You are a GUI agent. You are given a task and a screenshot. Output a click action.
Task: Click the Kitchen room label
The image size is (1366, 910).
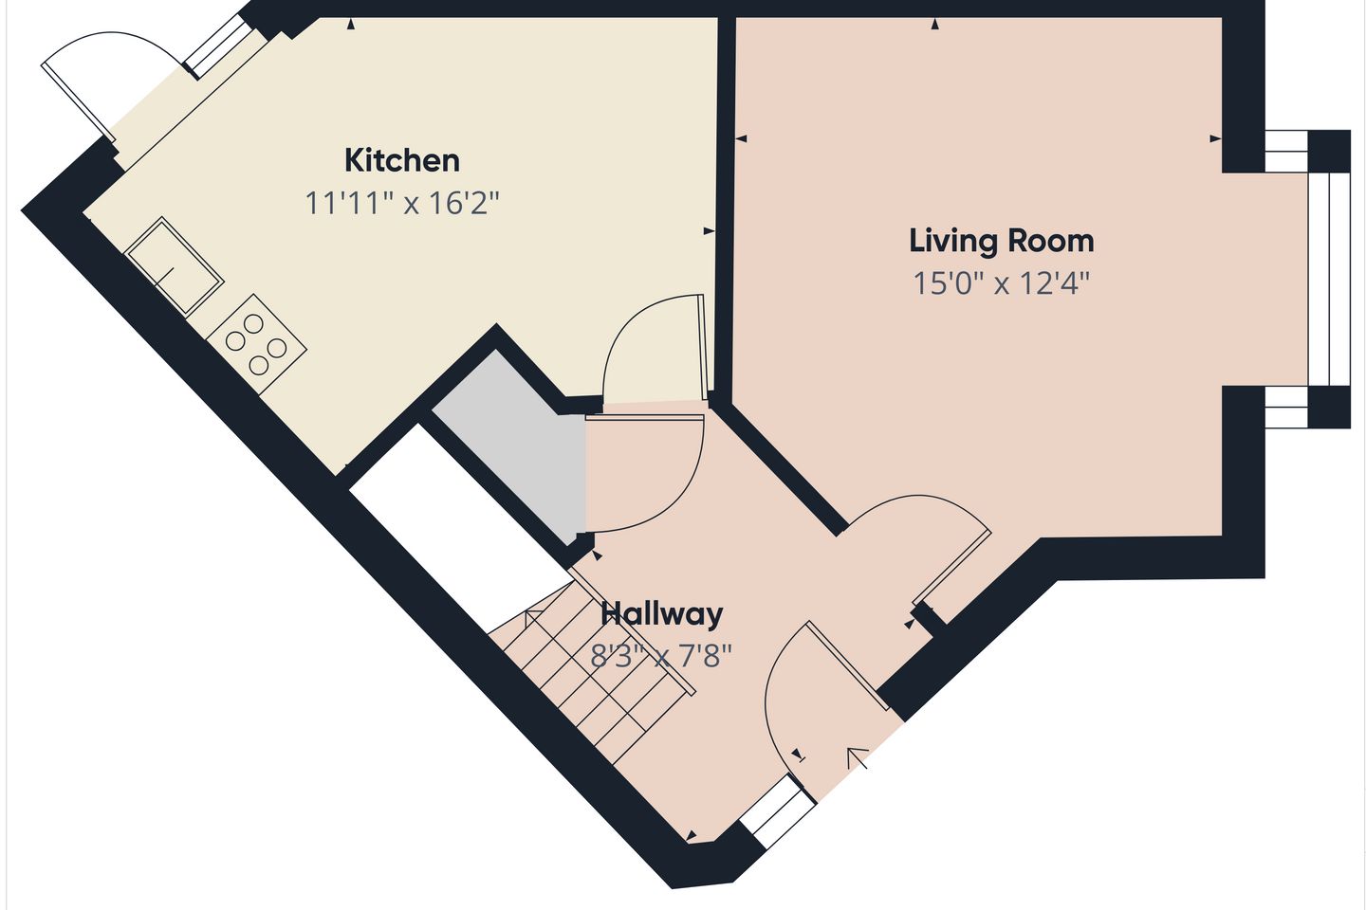[402, 161]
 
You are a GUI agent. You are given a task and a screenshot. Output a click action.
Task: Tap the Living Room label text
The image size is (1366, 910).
[1002, 241]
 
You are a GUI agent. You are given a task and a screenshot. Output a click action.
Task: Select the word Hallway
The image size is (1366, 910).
[662, 614]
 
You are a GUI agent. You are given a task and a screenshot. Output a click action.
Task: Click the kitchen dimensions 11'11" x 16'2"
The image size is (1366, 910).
[402, 203]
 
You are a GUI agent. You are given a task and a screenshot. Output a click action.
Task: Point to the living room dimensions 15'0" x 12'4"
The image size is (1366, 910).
[1002, 283]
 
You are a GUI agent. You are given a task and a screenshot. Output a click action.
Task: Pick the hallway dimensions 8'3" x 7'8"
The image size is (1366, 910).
[660, 657]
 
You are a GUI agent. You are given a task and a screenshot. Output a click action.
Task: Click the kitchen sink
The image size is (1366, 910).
[174, 265]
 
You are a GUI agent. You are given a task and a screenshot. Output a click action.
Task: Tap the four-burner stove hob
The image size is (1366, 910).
[256, 344]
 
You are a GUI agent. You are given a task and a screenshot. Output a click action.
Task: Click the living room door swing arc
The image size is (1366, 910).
[914, 549]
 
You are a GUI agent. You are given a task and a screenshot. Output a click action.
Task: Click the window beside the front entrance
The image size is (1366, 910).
[778, 810]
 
